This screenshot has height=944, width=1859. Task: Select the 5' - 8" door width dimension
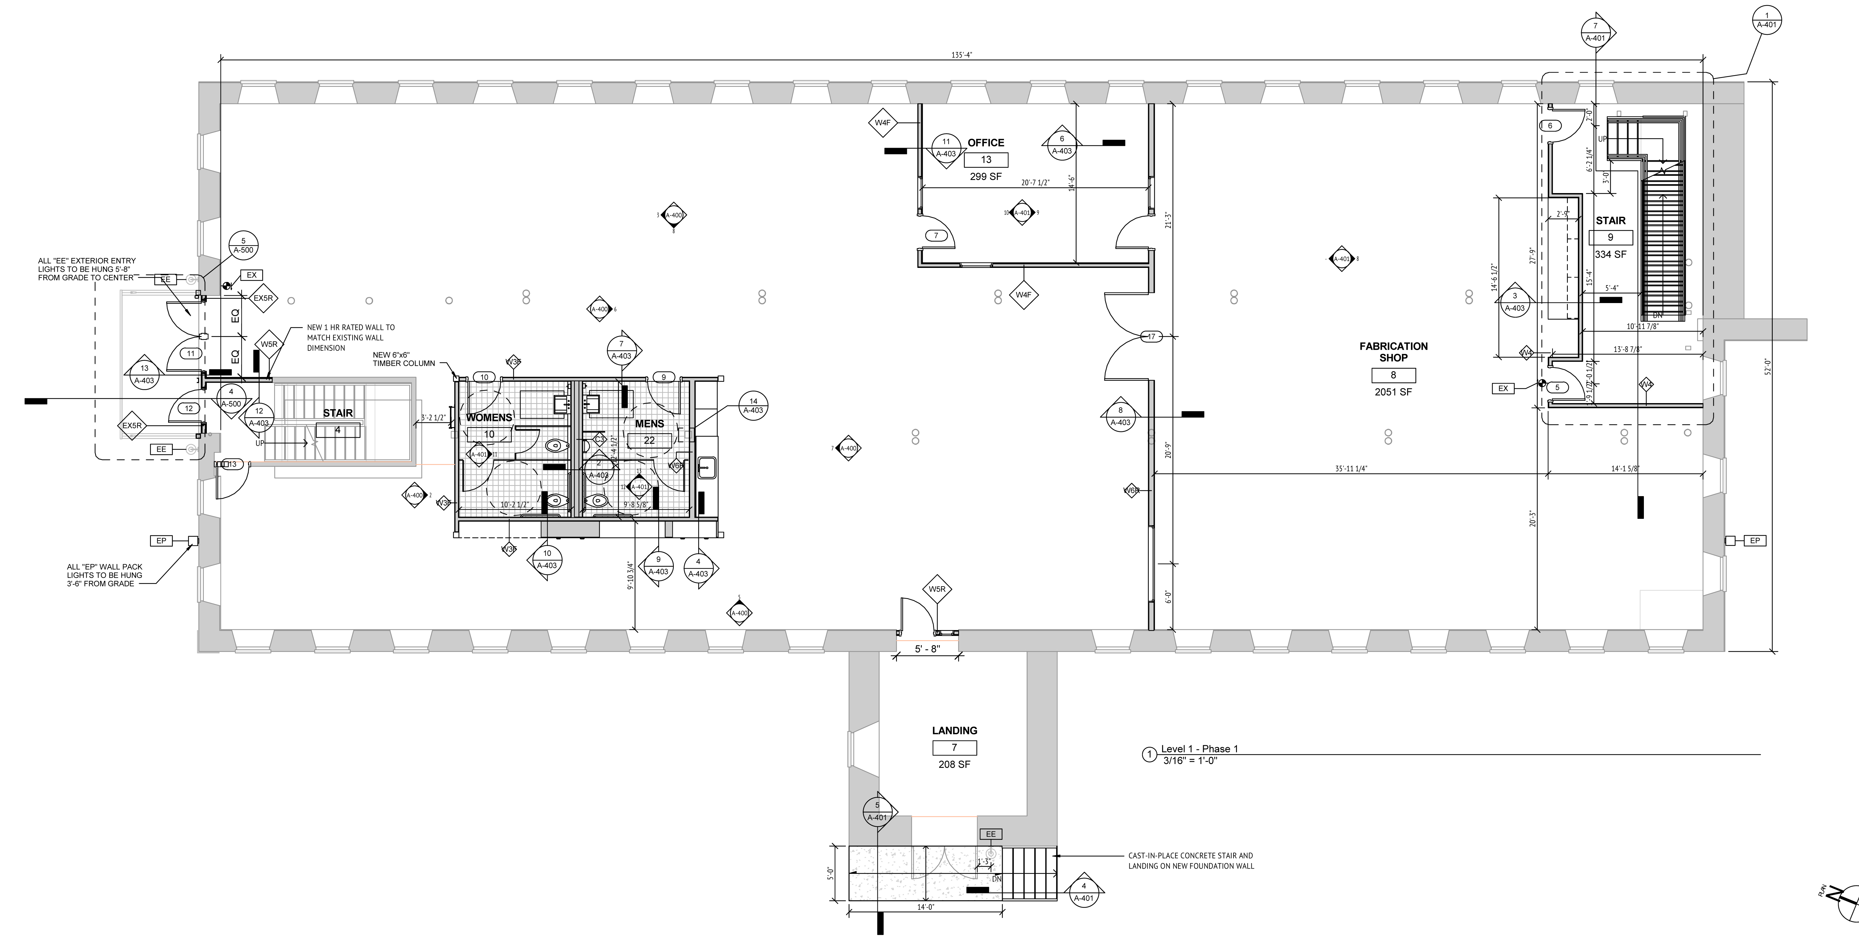click(x=927, y=649)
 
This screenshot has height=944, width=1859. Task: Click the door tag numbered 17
click(x=1151, y=336)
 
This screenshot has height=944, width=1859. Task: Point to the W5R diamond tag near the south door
click(x=937, y=589)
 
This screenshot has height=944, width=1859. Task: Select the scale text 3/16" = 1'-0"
click(x=1189, y=760)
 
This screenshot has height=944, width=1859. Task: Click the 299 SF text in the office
click(x=986, y=176)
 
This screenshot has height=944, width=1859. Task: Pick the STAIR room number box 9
click(x=1610, y=238)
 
